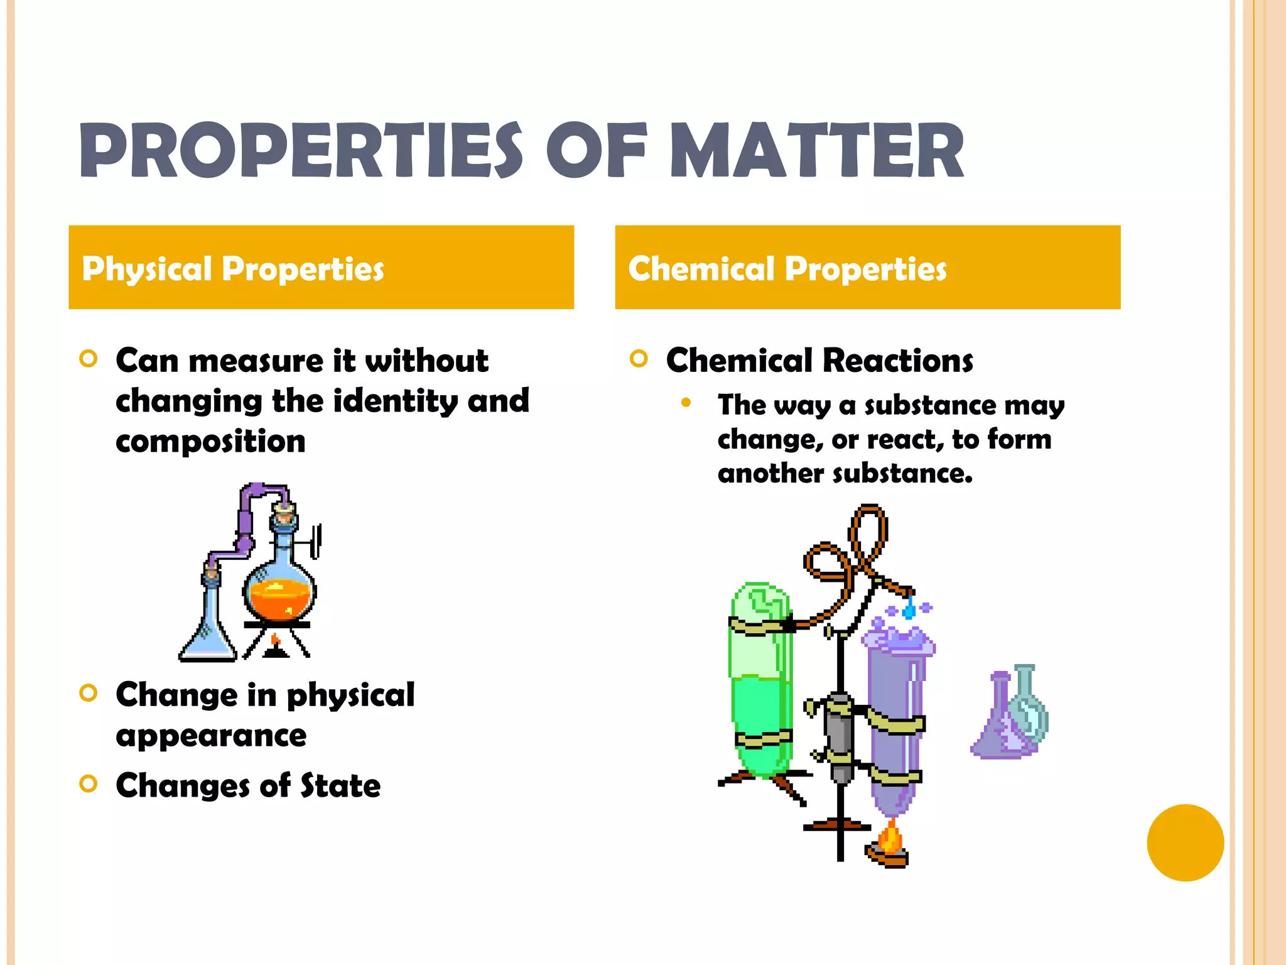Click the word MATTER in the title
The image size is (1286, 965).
817,151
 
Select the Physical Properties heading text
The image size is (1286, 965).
232,269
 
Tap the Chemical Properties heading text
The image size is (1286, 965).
787,269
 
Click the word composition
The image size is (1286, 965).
210,441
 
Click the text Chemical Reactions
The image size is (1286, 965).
819,361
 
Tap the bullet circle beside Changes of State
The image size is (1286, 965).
89,784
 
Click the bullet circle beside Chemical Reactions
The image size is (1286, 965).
639,359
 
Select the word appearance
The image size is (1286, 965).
211,735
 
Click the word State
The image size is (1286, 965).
340,785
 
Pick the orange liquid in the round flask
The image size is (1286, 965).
279,600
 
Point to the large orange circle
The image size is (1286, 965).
1185,842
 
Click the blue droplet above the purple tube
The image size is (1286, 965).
909,610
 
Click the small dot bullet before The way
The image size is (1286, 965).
686,403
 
